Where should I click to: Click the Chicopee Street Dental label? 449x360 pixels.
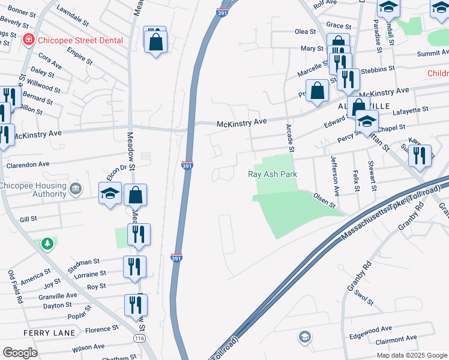(80, 40)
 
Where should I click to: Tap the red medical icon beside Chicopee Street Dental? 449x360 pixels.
(28, 40)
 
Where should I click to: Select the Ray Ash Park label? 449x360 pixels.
(273, 175)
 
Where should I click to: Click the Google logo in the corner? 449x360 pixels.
(20, 353)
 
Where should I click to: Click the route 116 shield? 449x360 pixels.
(139, 339)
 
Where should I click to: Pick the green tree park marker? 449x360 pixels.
(47, 244)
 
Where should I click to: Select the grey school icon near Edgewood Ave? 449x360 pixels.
(304, 336)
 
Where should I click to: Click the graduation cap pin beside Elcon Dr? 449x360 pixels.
(110, 194)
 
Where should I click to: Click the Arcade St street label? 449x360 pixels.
(291, 138)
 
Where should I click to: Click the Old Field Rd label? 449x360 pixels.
(15, 287)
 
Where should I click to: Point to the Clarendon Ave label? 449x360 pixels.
(28, 164)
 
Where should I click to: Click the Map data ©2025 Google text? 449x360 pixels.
(411, 355)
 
